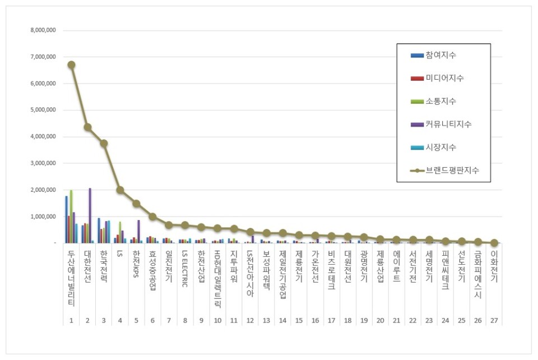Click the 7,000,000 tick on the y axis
pos(43,57)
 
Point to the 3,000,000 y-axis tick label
pos(43,163)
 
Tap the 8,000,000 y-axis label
pos(43,30)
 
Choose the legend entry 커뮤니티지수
pos(448,124)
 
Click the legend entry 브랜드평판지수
pos(451,170)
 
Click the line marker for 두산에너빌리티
pos(71,64)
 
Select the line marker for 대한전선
pos(87,127)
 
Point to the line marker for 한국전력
pos(104,144)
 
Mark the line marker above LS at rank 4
pos(120,190)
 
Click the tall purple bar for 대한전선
pos(90,216)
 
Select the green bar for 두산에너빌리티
pos(71,216)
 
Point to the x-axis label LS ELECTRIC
pos(185,269)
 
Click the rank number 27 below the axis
pos(494,321)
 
